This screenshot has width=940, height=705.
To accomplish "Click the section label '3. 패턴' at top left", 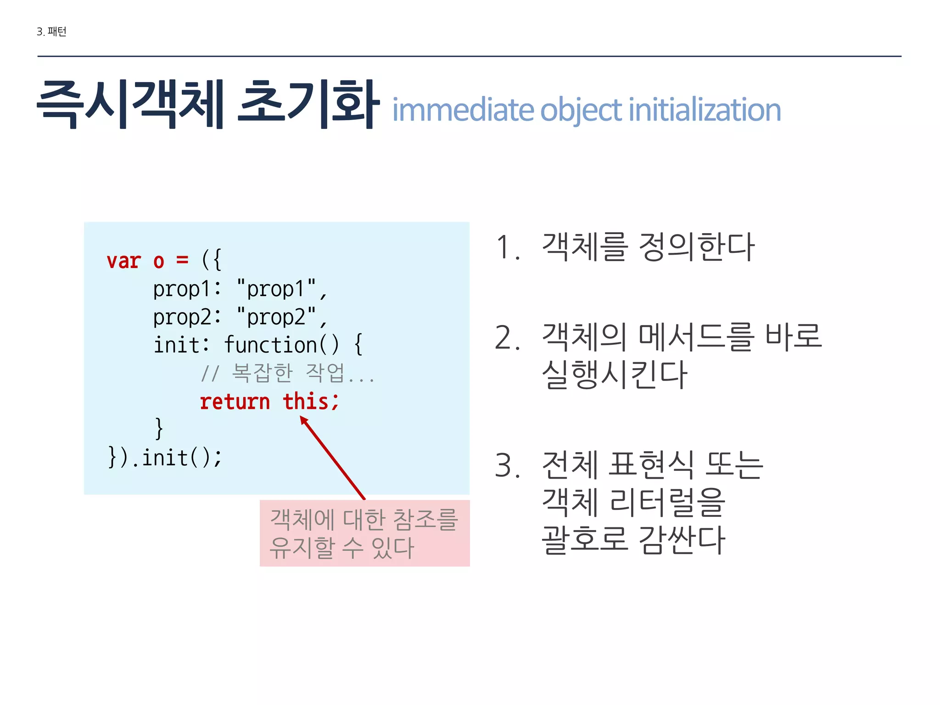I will click(51, 32).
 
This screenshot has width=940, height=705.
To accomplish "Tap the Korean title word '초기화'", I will click(308, 105).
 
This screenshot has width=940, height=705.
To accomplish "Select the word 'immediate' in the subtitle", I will click(463, 110).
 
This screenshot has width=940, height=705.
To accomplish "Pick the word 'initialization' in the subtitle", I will click(705, 110).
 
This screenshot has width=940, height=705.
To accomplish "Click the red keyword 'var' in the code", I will click(123, 261).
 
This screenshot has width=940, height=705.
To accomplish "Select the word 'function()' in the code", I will click(281, 345).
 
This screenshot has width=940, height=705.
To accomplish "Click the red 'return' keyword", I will click(235, 402).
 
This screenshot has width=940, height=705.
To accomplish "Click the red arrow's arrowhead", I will click(304, 420).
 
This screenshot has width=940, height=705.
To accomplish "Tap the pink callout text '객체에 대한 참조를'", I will click(364, 520).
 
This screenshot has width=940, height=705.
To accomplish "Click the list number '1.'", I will click(508, 248).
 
